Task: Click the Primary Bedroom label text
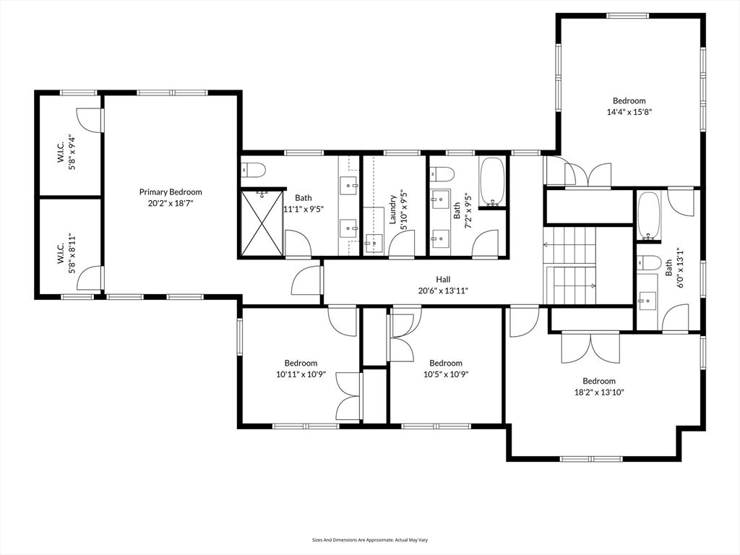click(x=171, y=192)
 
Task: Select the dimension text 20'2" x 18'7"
click(x=171, y=203)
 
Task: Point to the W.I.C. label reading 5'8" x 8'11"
click(x=66, y=249)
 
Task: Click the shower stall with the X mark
click(x=261, y=222)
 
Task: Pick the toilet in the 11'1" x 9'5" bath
click(x=254, y=170)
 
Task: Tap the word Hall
click(x=443, y=279)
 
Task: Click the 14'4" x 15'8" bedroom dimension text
click(x=629, y=112)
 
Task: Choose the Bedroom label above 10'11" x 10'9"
click(x=301, y=363)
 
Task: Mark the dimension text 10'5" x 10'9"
click(x=446, y=374)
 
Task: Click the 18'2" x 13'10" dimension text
click(x=599, y=392)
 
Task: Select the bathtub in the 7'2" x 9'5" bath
click(x=492, y=180)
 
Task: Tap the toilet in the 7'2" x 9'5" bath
click(x=442, y=174)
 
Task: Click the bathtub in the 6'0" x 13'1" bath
click(x=648, y=215)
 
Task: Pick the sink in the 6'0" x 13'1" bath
click(x=647, y=296)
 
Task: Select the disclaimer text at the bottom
click(x=370, y=539)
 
